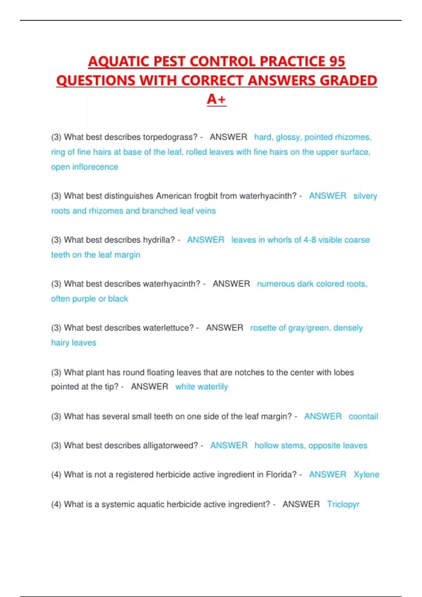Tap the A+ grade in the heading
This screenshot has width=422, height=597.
[216, 99]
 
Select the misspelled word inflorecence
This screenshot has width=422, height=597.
[95, 167]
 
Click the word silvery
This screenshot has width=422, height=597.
[365, 196]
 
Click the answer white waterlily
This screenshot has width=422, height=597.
[202, 387]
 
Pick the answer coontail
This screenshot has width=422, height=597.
[363, 416]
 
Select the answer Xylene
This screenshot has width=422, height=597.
[366, 475]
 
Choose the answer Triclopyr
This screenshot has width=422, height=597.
[343, 504]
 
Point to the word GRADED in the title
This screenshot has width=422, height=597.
[349, 80]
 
